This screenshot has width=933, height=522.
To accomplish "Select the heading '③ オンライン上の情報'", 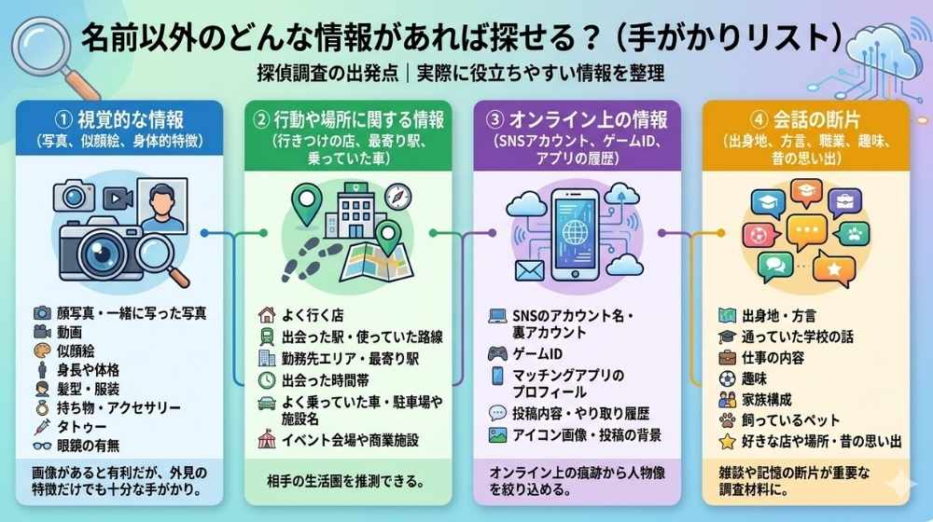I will coord(577,120).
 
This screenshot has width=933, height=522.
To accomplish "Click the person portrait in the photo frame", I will coord(162,208).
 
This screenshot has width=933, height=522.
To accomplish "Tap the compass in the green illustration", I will coord(398,198).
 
